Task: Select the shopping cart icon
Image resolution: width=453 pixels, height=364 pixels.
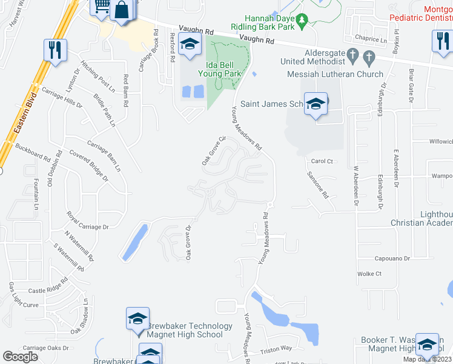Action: [101, 6]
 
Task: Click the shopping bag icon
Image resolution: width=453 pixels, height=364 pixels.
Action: [122, 10]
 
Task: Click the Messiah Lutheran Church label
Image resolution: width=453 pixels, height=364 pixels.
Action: [335, 75]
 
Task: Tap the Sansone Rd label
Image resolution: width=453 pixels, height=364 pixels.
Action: [317, 185]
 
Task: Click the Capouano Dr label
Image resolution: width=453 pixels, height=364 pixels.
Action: [392, 258]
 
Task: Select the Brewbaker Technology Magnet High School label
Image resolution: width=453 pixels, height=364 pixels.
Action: [184, 330]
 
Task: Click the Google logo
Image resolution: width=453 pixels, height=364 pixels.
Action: [21, 356]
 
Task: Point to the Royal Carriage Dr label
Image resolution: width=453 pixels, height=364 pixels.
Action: [88, 221]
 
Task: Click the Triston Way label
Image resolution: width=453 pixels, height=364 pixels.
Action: [276, 349]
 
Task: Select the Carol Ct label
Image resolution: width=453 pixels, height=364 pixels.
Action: [322, 161]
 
